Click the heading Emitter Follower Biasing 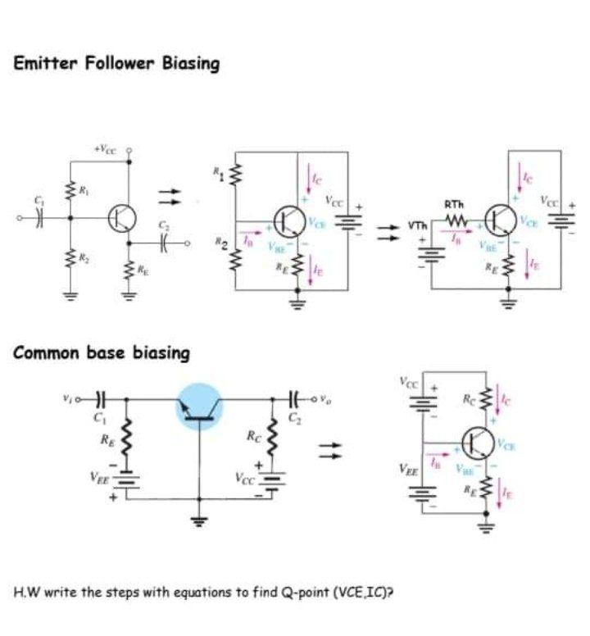tap(116, 63)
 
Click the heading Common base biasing tap(102, 353)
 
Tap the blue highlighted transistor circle tap(199, 407)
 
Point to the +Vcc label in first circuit tap(107, 150)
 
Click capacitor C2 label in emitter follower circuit tap(162, 223)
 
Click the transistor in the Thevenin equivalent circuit tap(500, 217)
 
